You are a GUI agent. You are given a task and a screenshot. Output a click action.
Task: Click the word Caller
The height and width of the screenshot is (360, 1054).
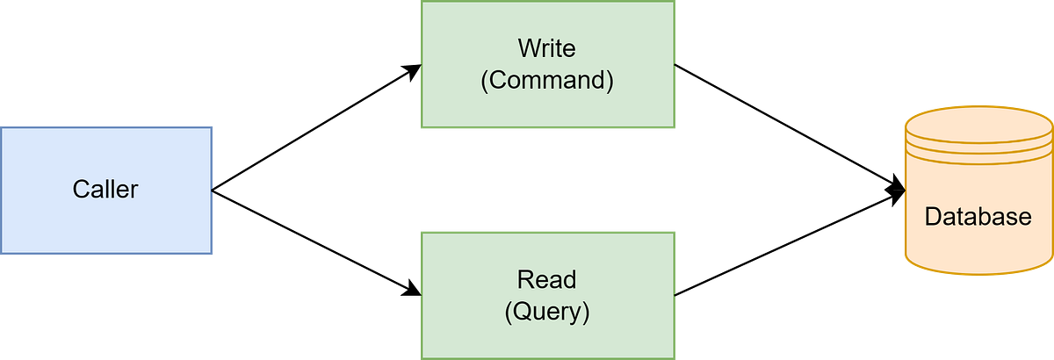pyautogui.click(x=105, y=190)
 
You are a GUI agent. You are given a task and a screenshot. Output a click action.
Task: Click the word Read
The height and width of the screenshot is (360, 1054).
pyautogui.click(x=546, y=280)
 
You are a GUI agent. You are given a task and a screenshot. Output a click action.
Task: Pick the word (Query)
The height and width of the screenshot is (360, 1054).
pyautogui.click(x=546, y=311)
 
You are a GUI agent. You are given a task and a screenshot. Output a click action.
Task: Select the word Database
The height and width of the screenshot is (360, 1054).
pyautogui.click(x=978, y=217)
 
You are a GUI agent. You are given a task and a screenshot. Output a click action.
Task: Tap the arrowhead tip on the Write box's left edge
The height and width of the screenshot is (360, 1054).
pyautogui.click(x=421, y=66)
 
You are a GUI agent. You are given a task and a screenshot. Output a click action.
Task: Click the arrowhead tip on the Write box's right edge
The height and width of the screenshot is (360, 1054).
pyautogui.click(x=675, y=66)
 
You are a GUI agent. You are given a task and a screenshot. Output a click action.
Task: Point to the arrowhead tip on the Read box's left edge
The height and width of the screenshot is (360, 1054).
pyautogui.click(x=421, y=294)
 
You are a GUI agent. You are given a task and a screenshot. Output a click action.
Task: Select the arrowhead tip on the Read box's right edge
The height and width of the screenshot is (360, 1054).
pyautogui.click(x=675, y=294)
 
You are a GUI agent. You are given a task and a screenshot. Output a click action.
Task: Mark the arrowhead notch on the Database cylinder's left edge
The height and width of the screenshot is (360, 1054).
pyautogui.click(x=904, y=190)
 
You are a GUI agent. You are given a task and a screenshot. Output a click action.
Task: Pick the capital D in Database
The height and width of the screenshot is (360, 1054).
pyautogui.click(x=933, y=217)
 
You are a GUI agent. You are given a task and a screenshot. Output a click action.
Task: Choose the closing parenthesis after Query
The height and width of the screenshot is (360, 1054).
pyautogui.click(x=585, y=311)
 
